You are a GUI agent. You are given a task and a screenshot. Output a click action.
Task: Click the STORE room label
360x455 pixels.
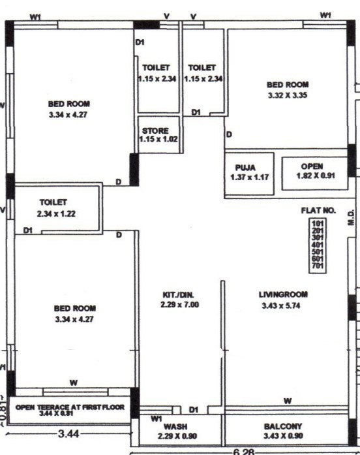[155, 130]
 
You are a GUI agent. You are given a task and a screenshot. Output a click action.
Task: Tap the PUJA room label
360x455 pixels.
[251, 167]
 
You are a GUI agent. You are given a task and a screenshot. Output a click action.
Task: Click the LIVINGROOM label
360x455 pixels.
[282, 294]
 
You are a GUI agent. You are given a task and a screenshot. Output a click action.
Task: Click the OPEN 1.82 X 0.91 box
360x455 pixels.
[312, 171]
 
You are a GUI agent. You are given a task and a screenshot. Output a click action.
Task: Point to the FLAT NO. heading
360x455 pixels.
[318, 210]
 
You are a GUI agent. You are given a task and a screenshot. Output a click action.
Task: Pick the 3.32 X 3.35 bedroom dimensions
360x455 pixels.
[288, 95]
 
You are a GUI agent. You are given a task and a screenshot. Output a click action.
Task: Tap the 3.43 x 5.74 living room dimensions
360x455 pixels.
[282, 305]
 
